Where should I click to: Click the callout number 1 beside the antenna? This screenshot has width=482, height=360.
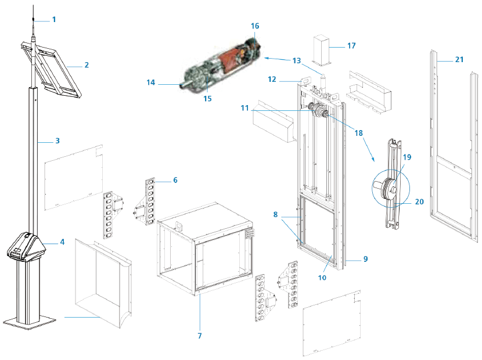point(55,19)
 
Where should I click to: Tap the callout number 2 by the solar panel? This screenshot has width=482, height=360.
point(86,65)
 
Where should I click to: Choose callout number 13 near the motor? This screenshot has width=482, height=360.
point(297,60)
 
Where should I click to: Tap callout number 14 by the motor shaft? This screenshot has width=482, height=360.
point(151,84)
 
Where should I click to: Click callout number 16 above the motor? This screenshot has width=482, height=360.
point(255,26)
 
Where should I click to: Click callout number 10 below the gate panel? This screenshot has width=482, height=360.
point(322,278)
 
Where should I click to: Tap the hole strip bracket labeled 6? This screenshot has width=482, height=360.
point(151,201)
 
